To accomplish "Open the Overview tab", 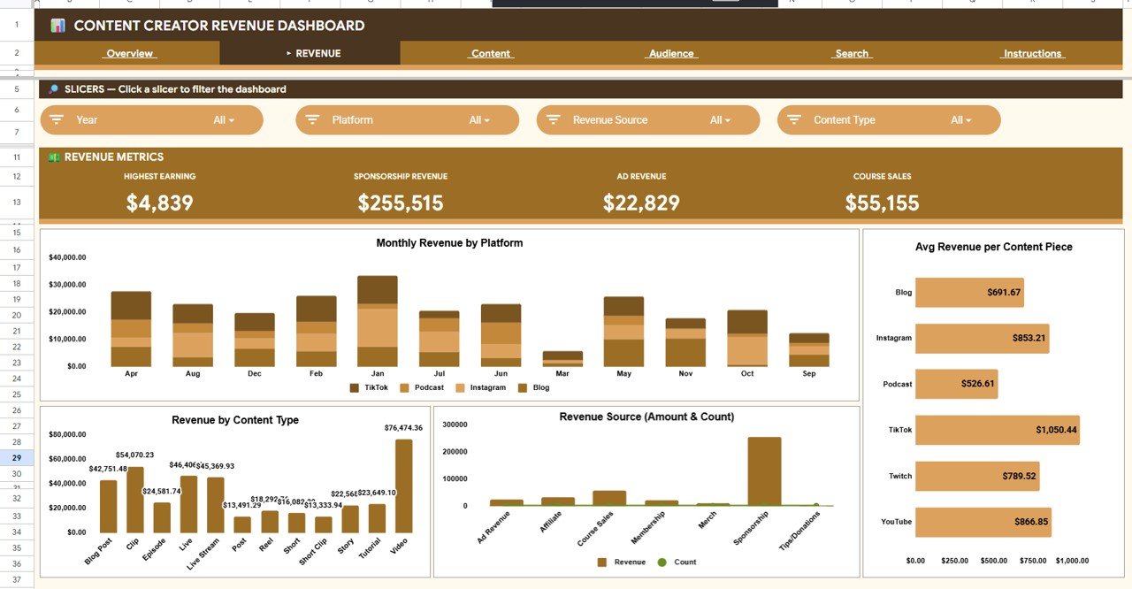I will coord(130,54).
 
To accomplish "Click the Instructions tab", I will coord(1032,54).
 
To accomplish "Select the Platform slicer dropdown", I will coord(407,120).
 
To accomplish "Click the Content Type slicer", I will coord(888,120).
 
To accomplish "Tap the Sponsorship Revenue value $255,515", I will coord(401,203).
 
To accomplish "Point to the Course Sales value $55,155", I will coord(882,203).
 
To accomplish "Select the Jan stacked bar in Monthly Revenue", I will coord(377,321).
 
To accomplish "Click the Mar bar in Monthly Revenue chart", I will coord(562,358).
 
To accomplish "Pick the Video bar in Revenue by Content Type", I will coord(403,486).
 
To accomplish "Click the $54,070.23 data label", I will coord(134,455).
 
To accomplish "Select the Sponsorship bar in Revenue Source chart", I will coord(764,470).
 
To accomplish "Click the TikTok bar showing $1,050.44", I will coord(997,430).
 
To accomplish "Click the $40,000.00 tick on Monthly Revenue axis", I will coord(67,257).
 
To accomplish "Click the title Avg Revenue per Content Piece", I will coord(993,247).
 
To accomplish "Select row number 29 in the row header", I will coord(17,458).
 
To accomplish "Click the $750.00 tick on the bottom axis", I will coord(1032,561).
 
